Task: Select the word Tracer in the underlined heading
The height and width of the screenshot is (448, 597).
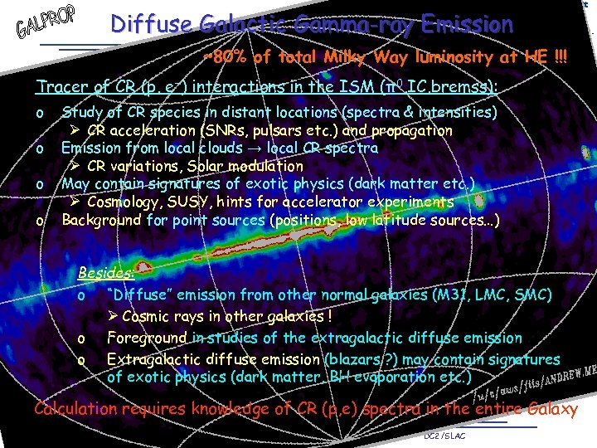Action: coord(60,87)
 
